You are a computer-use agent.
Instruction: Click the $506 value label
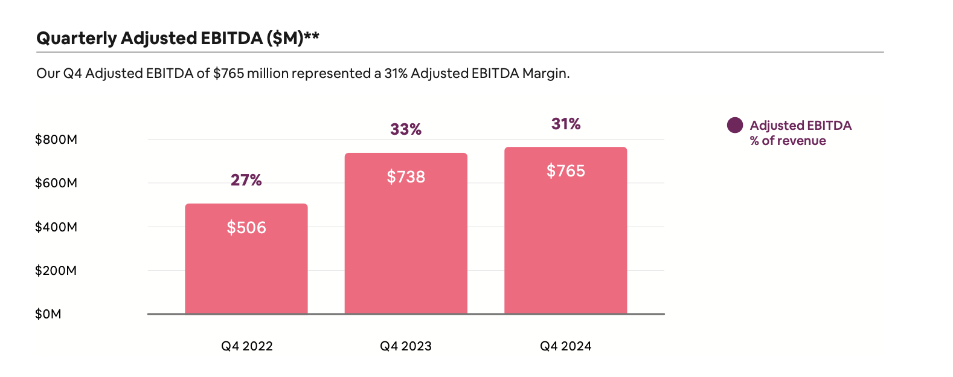click(x=246, y=228)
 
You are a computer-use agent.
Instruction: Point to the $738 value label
click(x=406, y=177)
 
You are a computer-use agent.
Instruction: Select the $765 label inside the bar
click(x=566, y=171)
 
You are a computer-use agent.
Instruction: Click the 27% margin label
click(x=246, y=180)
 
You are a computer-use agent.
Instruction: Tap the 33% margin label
click(x=406, y=129)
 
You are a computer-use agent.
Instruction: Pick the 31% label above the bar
click(x=566, y=124)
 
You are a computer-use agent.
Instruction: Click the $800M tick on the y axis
click(x=56, y=140)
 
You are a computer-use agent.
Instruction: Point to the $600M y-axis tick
click(x=56, y=183)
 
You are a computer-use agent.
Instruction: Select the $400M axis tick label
click(x=56, y=227)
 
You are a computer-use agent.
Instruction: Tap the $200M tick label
click(x=56, y=271)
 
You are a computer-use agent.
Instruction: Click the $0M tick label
click(x=48, y=314)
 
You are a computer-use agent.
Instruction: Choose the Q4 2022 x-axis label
click(x=246, y=346)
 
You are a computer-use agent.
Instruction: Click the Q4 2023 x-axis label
click(x=406, y=346)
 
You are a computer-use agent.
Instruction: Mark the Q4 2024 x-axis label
click(x=566, y=346)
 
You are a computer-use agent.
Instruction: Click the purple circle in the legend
click(x=735, y=125)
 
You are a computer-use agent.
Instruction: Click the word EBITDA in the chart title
click(x=232, y=38)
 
